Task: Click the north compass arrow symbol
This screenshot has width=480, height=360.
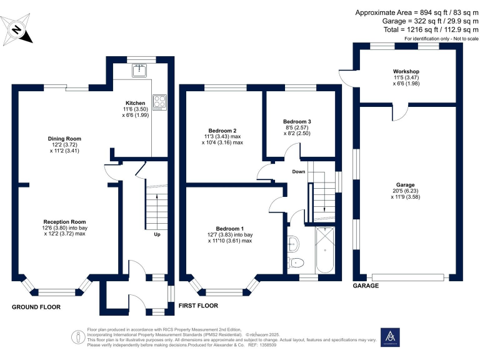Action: tap(17, 29)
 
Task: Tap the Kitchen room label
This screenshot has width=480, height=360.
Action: tap(136, 103)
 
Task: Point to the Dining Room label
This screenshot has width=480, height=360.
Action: tap(65, 139)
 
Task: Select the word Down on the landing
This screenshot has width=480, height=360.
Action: tap(298, 171)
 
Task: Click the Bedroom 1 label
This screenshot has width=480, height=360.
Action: tap(230, 228)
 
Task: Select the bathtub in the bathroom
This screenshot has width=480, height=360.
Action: tap(326, 250)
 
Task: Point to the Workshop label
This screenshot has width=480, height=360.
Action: tap(406, 71)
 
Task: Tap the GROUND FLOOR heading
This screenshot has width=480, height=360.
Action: tap(36, 307)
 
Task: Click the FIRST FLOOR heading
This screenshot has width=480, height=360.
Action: tap(199, 306)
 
